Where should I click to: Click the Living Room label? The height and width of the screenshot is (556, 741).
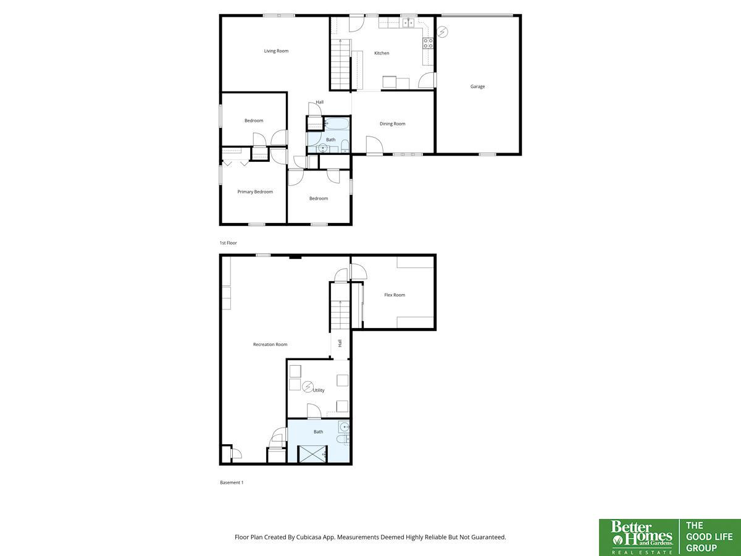tap(276, 51)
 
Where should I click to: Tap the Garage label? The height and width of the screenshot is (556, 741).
tap(477, 86)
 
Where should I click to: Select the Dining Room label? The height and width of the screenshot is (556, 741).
tap(392, 124)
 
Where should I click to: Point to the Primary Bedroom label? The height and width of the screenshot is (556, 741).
tap(255, 192)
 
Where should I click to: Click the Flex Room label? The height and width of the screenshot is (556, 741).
tap(395, 295)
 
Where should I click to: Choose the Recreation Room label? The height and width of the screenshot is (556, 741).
tap(270, 344)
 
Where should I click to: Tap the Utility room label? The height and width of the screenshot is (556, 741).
tap(319, 390)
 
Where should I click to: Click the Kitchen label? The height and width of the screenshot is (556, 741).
tap(382, 53)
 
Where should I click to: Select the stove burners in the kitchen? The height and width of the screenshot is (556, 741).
tap(428, 43)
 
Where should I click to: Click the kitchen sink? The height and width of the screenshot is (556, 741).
tap(408, 23)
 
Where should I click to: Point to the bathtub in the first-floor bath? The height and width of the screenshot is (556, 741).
tap(337, 124)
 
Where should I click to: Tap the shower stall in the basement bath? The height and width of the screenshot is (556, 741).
tap(312, 454)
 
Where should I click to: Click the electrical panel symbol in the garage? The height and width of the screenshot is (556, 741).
tap(442, 32)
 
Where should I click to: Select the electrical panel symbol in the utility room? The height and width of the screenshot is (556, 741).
tap(307, 387)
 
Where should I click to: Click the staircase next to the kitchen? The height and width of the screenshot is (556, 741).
tap(340, 64)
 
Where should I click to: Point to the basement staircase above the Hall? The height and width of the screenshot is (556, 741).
tap(340, 314)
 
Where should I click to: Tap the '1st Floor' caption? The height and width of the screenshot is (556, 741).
tap(228, 243)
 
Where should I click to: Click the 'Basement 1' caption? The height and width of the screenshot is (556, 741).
tap(232, 482)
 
